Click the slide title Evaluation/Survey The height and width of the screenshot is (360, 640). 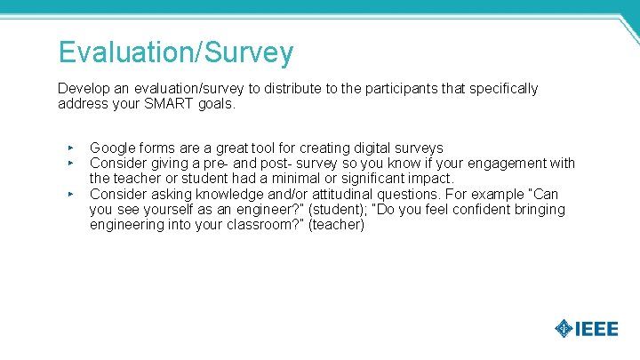point(175,52)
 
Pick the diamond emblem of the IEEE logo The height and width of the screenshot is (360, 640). point(564,329)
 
